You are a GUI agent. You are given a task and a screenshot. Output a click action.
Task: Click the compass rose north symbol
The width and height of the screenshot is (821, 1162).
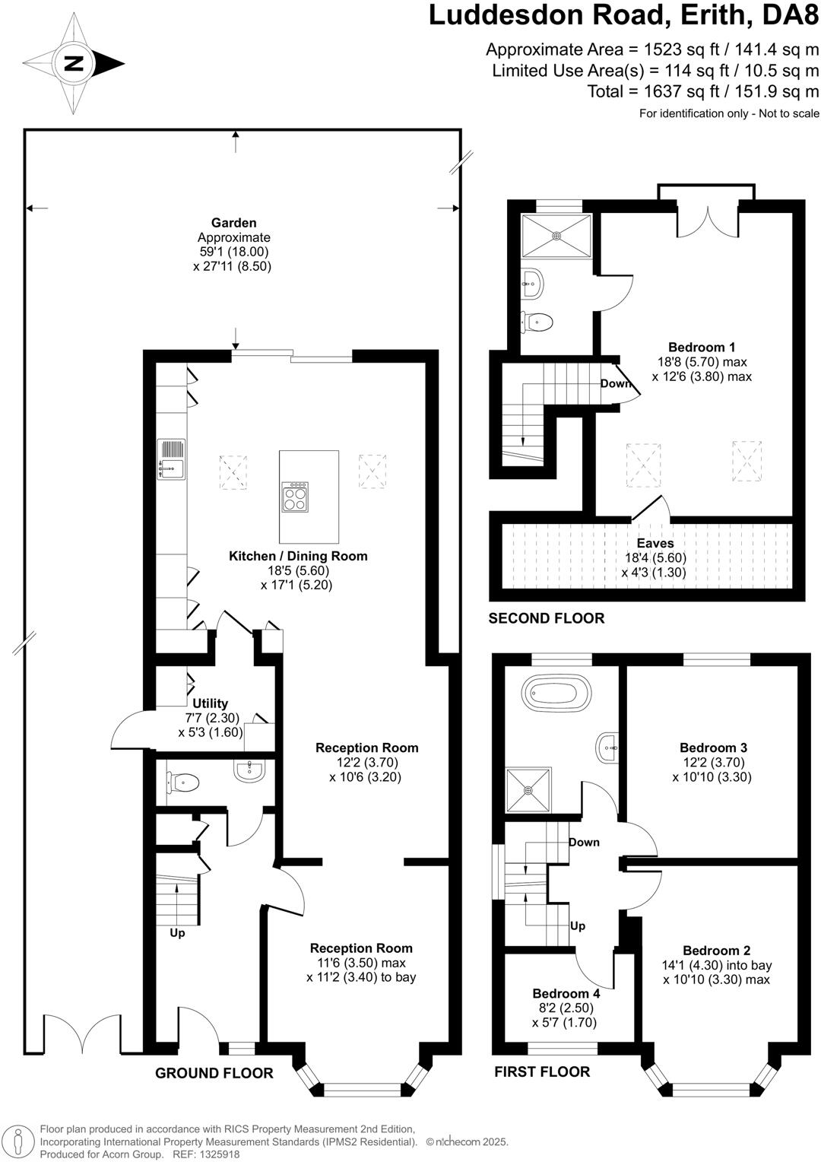tap(74, 63)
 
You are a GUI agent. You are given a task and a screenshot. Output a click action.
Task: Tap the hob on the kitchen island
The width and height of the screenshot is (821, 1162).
tap(295, 497)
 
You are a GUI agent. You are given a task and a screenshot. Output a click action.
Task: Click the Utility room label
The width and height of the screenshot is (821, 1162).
tap(210, 703)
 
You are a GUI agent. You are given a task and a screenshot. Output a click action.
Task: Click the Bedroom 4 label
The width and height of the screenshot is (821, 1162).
tap(566, 993)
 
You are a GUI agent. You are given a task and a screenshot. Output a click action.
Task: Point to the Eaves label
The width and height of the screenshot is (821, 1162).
tap(655, 543)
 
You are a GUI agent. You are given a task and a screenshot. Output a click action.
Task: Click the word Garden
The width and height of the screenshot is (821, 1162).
tap(233, 223)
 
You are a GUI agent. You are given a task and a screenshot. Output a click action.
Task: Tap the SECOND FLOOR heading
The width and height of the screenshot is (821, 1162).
tap(546, 618)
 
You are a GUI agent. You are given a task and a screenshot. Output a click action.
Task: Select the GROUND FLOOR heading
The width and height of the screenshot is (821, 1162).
tap(214, 1073)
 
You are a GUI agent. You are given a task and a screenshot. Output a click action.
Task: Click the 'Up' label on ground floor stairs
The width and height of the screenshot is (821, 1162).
tap(177, 932)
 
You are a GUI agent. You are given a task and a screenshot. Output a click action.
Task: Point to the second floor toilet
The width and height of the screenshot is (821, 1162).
tap(537, 322)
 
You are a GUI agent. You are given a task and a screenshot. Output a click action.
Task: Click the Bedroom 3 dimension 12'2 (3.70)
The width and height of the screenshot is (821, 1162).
tap(712, 762)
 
